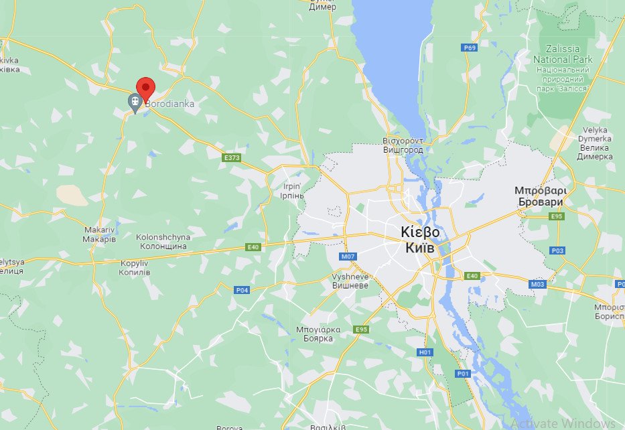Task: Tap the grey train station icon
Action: (135, 101)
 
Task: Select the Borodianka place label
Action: (170, 104)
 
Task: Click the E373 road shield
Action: (231, 158)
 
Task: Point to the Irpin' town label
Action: (292, 191)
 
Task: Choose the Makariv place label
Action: (100, 234)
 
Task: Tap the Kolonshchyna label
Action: (163, 242)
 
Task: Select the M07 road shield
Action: (347, 257)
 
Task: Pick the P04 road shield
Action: (242, 290)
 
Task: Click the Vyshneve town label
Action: (350, 280)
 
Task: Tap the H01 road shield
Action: (425, 352)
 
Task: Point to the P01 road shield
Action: (463, 373)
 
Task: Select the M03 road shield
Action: (537, 285)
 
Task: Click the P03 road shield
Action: (557, 250)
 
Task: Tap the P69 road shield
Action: (470, 48)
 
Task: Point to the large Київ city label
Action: (420, 240)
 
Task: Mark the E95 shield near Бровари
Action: (556, 216)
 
